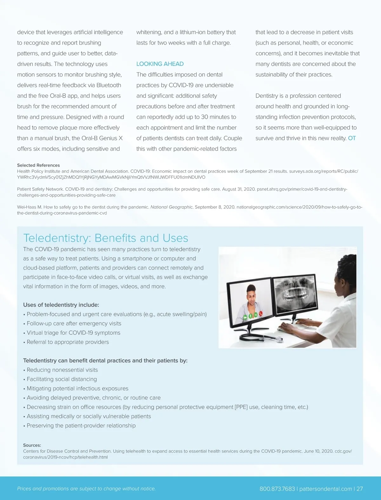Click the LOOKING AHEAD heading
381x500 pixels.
pyautogui.click(x=160, y=64)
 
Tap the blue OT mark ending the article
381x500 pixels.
pyautogui.click(x=352, y=138)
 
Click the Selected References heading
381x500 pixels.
pyautogui.click(x=38, y=165)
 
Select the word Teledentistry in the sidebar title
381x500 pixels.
pyautogui.click(x=57, y=238)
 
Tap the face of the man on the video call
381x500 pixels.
pyautogui.click(x=251, y=297)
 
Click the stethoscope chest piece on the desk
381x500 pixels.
pyautogui.click(x=279, y=340)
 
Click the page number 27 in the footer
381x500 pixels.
pyautogui.click(x=359, y=489)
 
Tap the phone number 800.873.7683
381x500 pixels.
pyautogui.click(x=277, y=489)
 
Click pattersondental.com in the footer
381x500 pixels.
pyautogui.click(x=325, y=489)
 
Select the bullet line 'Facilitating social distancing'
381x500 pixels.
pyautogui.click(x=62, y=379)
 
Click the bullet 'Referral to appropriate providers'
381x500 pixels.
pyautogui.click(x=68, y=342)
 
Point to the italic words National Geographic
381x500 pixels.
pyautogui.click(x=171, y=207)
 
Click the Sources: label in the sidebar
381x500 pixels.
pyautogui.click(x=32, y=445)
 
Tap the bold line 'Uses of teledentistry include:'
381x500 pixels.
pyautogui.click(x=61, y=305)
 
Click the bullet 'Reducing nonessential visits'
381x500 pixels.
pyautogui.click(x=62, y=370)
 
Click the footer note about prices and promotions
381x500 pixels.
pyautogui.click(x=86, y=489)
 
